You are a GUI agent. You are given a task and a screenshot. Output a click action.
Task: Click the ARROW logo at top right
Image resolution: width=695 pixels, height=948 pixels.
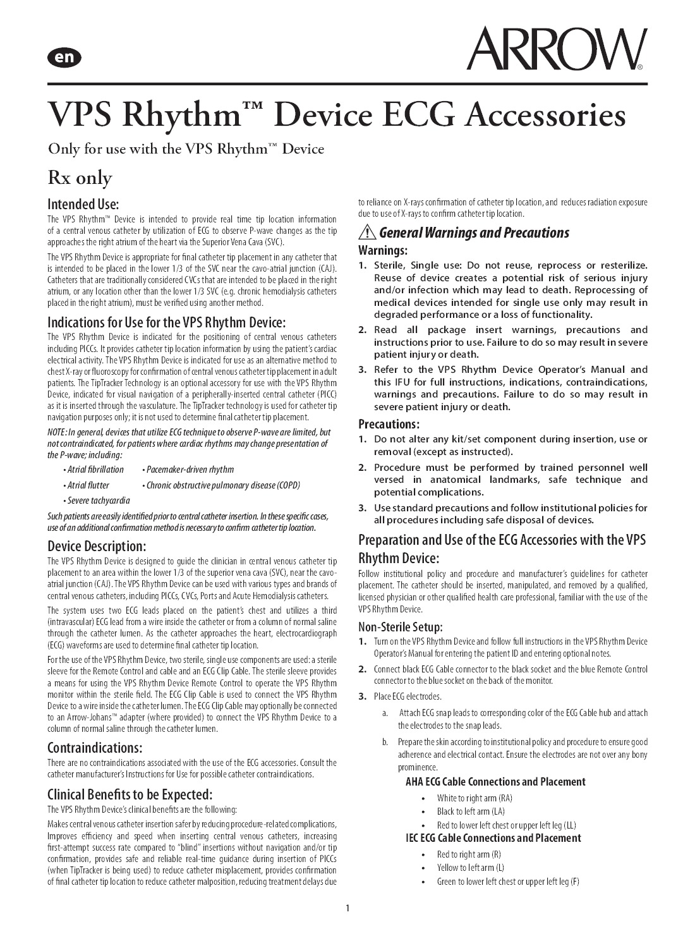556,48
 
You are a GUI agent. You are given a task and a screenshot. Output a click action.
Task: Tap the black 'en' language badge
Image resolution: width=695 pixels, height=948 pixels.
64,58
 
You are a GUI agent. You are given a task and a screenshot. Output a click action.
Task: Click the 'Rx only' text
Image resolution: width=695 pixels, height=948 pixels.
80,178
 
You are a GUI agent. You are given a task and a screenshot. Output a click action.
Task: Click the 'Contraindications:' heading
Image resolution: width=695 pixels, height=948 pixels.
95,748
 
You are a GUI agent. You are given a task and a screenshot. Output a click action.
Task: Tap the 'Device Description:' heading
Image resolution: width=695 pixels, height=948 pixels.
97,546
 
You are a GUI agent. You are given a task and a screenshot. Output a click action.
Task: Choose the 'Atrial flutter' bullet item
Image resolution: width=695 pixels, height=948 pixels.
88,485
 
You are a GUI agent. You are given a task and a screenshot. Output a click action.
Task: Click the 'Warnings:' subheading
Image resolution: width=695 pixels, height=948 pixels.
383,250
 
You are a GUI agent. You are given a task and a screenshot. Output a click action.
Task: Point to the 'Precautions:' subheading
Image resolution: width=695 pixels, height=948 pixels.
389,424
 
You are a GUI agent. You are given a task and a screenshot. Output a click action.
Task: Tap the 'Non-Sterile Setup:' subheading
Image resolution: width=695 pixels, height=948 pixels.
401,627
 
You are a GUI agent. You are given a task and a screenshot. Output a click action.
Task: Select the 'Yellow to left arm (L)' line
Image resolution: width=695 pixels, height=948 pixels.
470,868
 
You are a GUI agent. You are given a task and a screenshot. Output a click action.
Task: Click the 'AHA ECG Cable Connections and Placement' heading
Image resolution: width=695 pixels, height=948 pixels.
495,782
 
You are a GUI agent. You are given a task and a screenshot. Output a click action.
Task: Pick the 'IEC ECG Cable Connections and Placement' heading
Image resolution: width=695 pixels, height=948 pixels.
493,838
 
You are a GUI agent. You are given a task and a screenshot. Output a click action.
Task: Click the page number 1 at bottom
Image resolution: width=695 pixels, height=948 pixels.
347,909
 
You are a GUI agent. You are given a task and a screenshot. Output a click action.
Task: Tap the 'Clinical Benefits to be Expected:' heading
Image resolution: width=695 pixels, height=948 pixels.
130,794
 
